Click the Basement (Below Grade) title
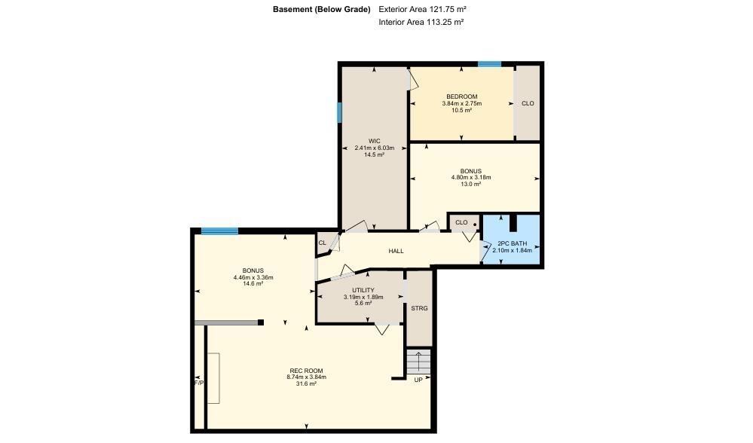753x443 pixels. [322, 10]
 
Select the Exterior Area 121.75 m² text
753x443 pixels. [423, 10]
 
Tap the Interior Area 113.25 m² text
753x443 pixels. [421, 23]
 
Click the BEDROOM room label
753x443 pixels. [461, 96]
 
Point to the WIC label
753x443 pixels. [374, 141]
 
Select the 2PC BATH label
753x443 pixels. [512, 244]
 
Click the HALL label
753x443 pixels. [396, 251]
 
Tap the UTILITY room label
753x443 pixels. [363, 290]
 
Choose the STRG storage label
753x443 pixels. [419, 308]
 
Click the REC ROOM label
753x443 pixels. [306, 370]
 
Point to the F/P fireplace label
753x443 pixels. [199, 383]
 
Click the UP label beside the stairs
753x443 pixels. [418, 380]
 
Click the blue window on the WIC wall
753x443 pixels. [339, 112]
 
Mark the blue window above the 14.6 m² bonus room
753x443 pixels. [219, 231]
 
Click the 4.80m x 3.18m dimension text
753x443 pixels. [471, 178]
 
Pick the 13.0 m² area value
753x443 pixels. [471, 185]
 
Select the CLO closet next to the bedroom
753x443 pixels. [528, 103]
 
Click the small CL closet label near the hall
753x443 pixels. [322, 243]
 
